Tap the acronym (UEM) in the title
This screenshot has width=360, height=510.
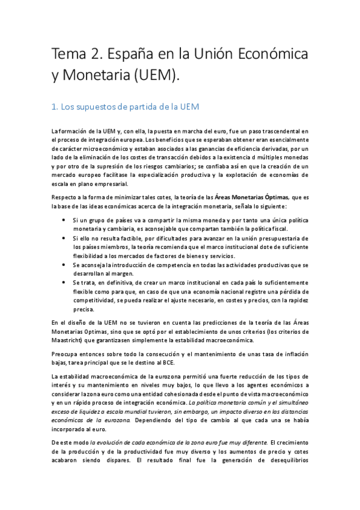click(153, 76)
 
